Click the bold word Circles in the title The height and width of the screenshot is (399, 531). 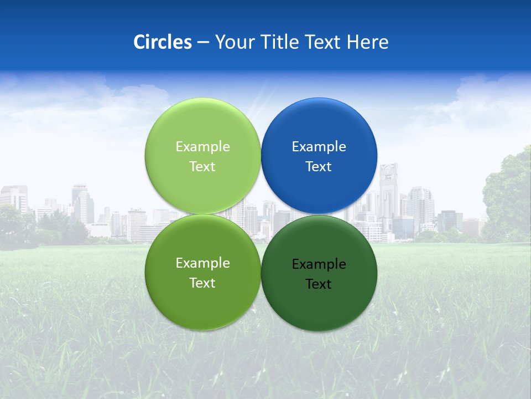coord(162,42)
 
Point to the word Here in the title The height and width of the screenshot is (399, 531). coord(368,42)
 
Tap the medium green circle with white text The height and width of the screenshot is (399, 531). coord(202,302)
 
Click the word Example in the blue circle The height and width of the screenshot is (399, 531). coord(319,147)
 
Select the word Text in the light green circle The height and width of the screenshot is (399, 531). coord(202,167)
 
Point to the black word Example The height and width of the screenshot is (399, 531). coord(319,264)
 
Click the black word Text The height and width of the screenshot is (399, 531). coord(319,284)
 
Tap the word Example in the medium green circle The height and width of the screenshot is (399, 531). coord(202,263)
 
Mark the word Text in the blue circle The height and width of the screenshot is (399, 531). coord(319,167)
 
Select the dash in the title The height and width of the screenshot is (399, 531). coord(202,42)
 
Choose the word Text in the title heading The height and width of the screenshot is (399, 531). coord(323,42)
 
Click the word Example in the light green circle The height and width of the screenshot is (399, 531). coord(202,147)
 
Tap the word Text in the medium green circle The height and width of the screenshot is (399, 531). coord(202,283)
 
